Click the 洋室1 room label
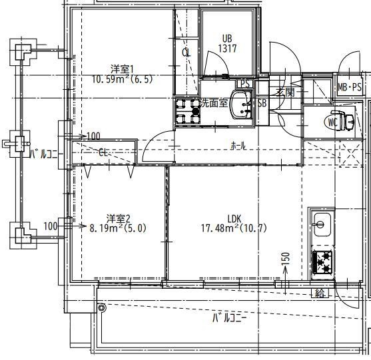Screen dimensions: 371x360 [x=123, y=69]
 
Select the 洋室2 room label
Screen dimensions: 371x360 [x=119, y=219]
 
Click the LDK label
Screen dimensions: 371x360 [x=234, y=219]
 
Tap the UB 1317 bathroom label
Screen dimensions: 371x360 [x=227, y=43]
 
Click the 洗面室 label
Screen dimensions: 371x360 [x=214, y=103]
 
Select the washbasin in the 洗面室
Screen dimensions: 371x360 [x=240, y=104]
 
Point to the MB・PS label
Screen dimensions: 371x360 [x=350, y=87]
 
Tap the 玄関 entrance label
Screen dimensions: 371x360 [x=286, y=92]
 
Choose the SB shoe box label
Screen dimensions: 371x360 [x=262, y=103]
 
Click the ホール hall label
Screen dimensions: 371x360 [x=238, y=146]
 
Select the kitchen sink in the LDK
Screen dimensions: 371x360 [x=322, y=224]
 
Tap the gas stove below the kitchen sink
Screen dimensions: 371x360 [x=322, y=262]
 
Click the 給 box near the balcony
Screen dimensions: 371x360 [x=320, y=293]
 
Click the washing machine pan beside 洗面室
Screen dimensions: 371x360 [x=188, y=111]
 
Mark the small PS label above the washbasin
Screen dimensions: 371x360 [x=245, y=84]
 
